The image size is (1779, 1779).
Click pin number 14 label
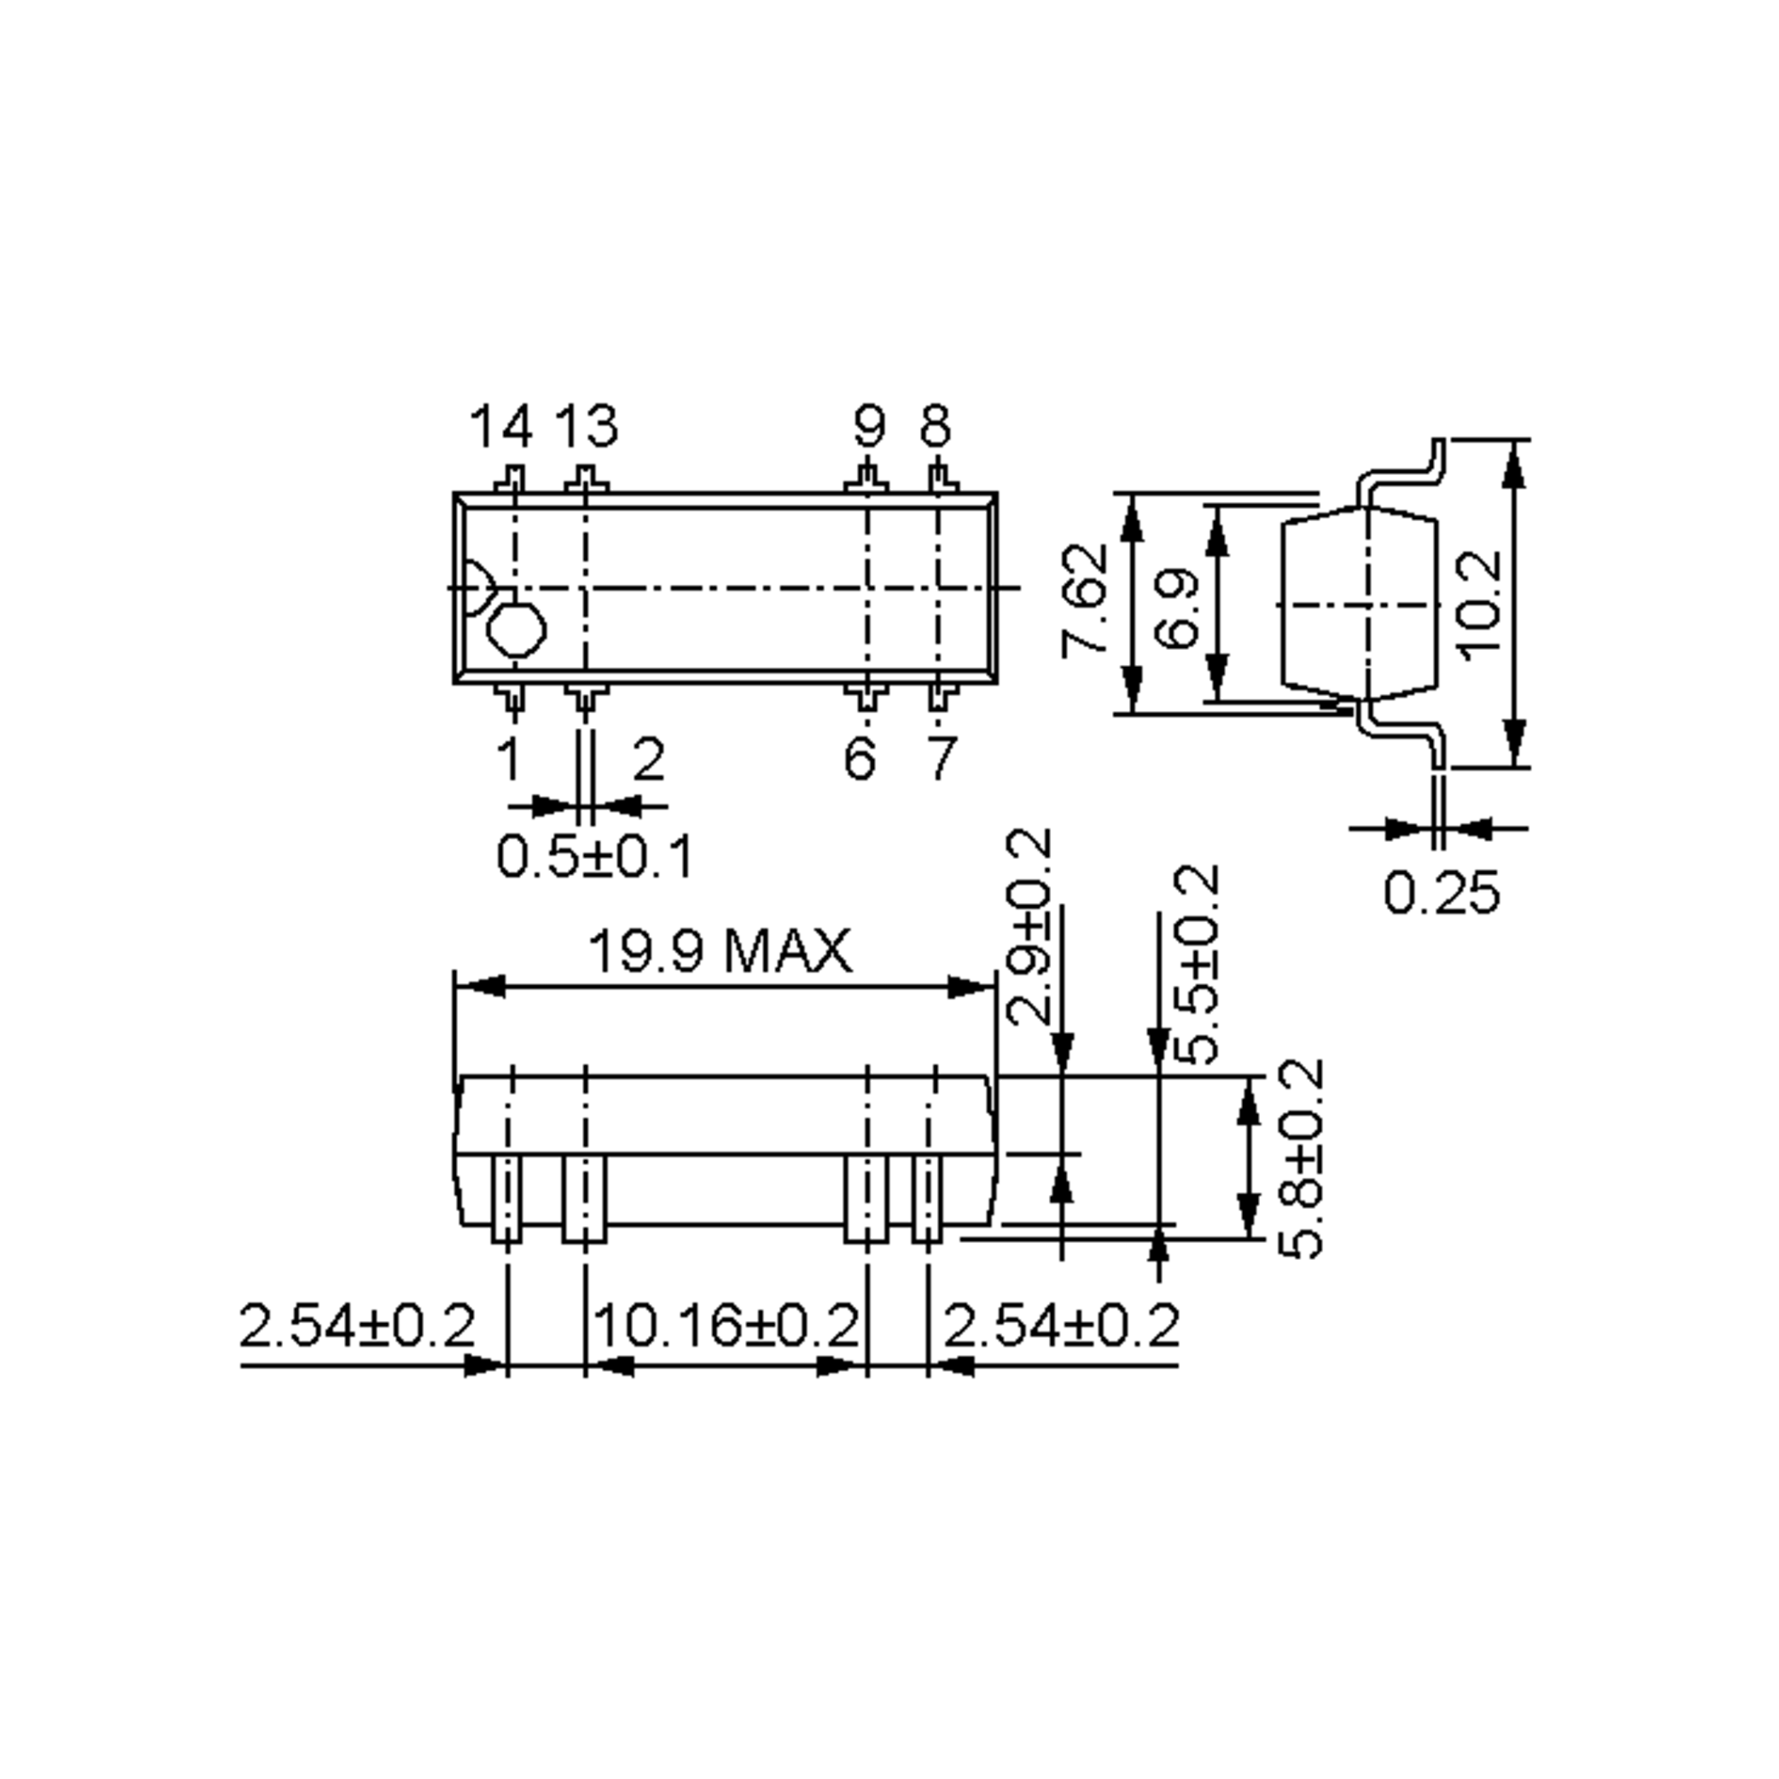click(x=501, y=426)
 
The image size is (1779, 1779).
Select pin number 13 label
click(x=586, y=426)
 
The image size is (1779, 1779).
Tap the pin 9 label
click(x=868, y=426)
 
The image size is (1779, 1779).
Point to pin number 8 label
click(x=935, y=426)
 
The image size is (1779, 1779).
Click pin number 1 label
click(x=509, y=760)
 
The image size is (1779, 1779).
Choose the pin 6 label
click(x=859, y=760)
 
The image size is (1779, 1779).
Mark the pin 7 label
click(x=941, y=760)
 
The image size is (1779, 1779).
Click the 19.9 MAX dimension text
click(x=719, y=951)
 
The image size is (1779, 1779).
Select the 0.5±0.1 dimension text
click(x=594, y=856)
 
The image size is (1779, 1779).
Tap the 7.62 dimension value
click(x=1084, y=601)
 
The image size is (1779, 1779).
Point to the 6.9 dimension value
click(x=1176, y=609)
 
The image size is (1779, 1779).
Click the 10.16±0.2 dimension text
click(x=726, y=1327)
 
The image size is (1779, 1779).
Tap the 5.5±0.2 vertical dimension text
click(x=1198, y=964)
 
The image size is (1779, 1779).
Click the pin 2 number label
click(x=649, y=760)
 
